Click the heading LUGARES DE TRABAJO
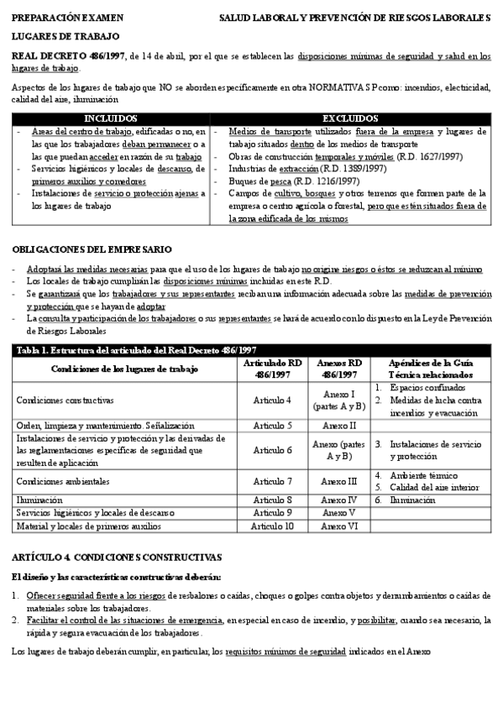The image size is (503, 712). pos(65,36)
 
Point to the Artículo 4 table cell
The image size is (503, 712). pos(272,400)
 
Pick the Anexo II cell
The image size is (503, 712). pos(340,425)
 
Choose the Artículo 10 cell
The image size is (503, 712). pos(272,526)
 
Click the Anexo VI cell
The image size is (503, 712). pos(340,526)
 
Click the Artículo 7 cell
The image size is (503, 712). pos(272,481)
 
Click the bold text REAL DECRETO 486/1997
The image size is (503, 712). pos(58,56)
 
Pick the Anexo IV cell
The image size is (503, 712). pos(340,500)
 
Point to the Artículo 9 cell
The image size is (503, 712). pos(272,512)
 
